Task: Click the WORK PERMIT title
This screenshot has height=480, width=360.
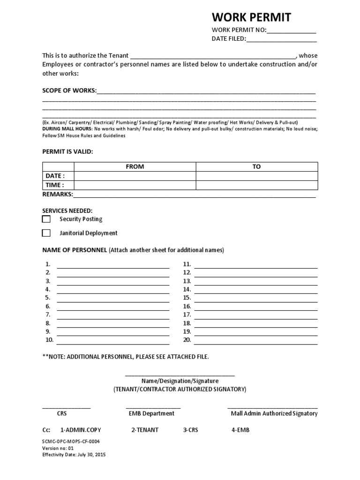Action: point(251,18)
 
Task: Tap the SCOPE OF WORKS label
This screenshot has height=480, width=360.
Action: point(69,90)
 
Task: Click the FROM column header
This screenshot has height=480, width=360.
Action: point(135,166)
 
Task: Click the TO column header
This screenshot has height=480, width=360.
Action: point(256,166)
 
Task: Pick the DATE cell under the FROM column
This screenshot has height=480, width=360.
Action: point(135,176)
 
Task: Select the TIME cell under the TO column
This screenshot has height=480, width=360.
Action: point(256,185)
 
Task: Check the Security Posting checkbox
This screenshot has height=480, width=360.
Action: point(46,219)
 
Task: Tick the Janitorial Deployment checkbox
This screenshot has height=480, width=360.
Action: point(46,233)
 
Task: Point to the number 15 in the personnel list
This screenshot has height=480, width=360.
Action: point(187,298)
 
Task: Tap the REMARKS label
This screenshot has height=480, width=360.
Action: point(57,194)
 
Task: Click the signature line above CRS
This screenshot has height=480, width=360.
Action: point(67,408)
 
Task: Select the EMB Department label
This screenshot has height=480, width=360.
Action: point(151,413)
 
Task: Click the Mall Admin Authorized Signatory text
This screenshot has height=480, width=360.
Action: point(274,413)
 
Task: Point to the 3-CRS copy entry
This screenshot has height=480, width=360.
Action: point(190,430)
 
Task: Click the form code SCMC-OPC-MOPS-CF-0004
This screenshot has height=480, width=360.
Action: point(71,442)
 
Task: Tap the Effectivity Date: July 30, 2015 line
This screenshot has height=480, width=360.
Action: point(74,455)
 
